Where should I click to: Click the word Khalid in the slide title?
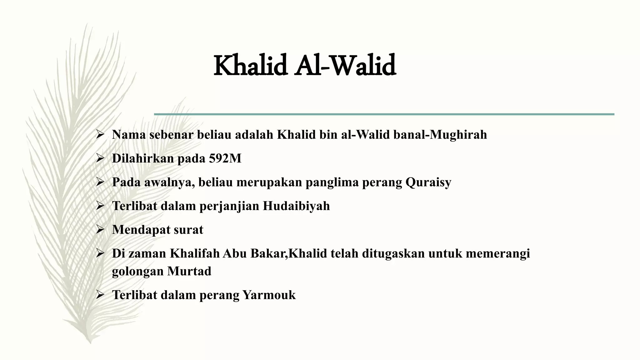point(250,66)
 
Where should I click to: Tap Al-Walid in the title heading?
point(345,66)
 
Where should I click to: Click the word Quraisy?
point(428,182)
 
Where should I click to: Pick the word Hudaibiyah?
point(296,206)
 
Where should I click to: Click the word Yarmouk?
point(269,295)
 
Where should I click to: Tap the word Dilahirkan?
point(143,158)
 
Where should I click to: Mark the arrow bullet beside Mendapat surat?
point(100,230)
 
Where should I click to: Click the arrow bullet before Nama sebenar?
point(100,135)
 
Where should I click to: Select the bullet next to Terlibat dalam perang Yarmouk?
point(100,295)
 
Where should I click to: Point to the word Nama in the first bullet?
point(129,135)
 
